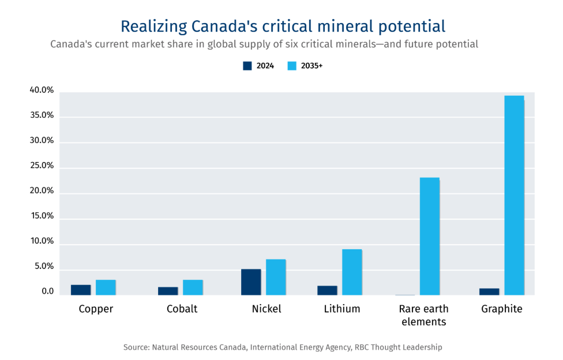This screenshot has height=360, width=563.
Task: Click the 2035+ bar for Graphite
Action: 514,195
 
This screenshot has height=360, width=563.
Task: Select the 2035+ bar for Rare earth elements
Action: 429,236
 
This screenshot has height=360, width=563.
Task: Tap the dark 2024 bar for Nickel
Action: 251,282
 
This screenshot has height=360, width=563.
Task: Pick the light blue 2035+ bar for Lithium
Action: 352,272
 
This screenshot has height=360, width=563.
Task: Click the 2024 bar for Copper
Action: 81,290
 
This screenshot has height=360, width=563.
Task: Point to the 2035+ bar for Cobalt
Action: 193,287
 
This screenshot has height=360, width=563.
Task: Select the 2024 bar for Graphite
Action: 489,291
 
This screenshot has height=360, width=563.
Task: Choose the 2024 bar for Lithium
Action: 327,290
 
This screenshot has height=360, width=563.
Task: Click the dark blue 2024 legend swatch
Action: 247,66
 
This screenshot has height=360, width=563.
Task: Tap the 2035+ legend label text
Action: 312,66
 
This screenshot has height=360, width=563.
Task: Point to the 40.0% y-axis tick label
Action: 42,91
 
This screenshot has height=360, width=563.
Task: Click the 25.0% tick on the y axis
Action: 42,166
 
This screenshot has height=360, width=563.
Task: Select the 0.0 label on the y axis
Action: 47,292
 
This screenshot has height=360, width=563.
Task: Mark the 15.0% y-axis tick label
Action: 42,216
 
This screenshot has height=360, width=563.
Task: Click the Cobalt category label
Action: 182,309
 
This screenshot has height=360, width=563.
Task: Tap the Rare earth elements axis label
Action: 424,315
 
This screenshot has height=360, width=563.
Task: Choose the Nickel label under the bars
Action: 267,309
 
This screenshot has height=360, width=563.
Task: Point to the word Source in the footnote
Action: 136,347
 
